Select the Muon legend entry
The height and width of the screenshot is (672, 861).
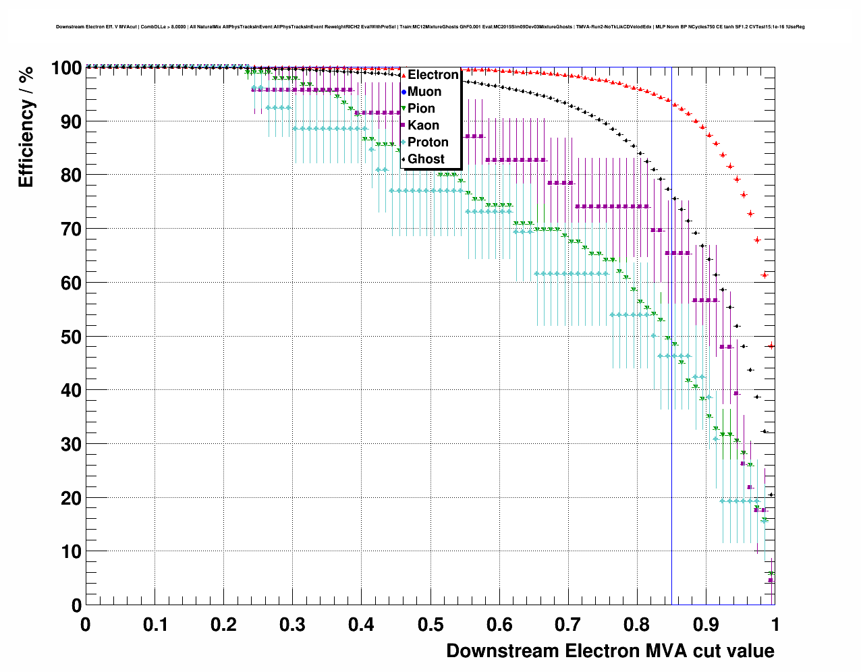[424, 92]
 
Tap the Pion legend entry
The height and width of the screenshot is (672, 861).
[421, 109]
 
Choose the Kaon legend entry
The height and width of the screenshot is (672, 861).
[423, 125]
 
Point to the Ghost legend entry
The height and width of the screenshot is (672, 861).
[426, 159]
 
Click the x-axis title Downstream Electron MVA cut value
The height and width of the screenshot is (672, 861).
[610, 651]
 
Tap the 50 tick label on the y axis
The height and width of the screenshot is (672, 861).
[66, 337]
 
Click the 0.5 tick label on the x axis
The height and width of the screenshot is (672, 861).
[431, 625]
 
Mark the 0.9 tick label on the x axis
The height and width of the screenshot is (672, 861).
[706, 625]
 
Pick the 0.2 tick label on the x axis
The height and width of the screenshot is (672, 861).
[223, 625]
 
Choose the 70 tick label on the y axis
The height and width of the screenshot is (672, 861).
[66, 229]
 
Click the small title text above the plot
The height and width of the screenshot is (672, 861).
[430, 27]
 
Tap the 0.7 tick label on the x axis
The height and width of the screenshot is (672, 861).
[569, 625]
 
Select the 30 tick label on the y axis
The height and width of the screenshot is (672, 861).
[66, 445]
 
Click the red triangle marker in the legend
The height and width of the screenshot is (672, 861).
[404, 75]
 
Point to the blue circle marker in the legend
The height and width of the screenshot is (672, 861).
[404, 92]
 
